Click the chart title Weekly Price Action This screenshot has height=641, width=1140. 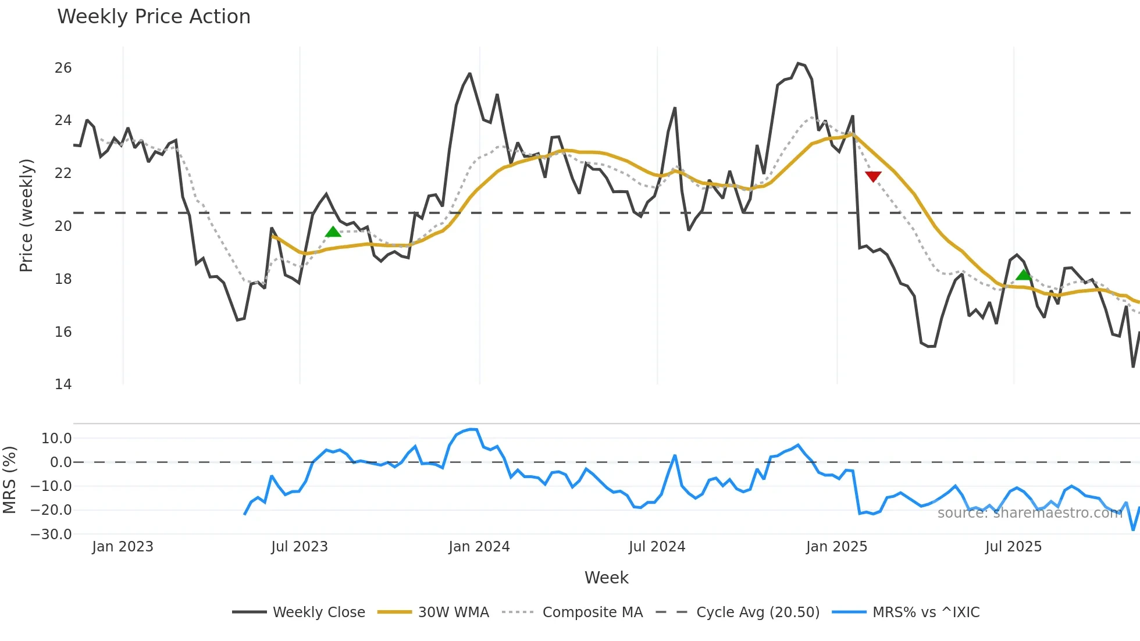(154, 17)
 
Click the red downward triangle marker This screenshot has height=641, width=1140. (873, 176)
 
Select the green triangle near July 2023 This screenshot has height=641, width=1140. (333, 232)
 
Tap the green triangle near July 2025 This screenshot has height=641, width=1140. (1024, 275)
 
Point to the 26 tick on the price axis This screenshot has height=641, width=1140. (63, 68)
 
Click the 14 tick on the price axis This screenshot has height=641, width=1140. (63, 384)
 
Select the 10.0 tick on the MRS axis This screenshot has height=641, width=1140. (56, 439)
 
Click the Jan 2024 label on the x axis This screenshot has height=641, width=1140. (479, 547)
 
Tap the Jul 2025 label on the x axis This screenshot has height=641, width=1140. (1013, 547)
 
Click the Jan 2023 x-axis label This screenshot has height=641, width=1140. (123, 547)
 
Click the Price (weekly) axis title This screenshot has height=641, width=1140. (26, 215)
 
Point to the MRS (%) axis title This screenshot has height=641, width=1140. (9, 480)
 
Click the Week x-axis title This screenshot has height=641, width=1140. (606, 578)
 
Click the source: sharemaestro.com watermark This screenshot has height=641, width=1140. (1029, 512)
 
